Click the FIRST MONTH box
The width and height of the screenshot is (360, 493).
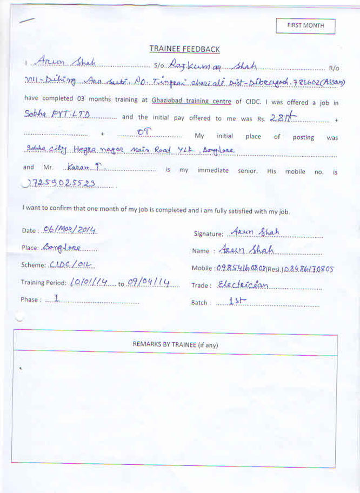pos(305,26)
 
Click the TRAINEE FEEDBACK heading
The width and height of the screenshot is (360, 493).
pos(185,49)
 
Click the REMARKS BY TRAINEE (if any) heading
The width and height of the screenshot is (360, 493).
pos(176,344)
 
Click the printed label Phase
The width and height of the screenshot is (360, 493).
pos(30,300)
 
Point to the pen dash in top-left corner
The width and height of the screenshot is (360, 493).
pos(26,20)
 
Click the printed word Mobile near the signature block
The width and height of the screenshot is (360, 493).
pos(202,269)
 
